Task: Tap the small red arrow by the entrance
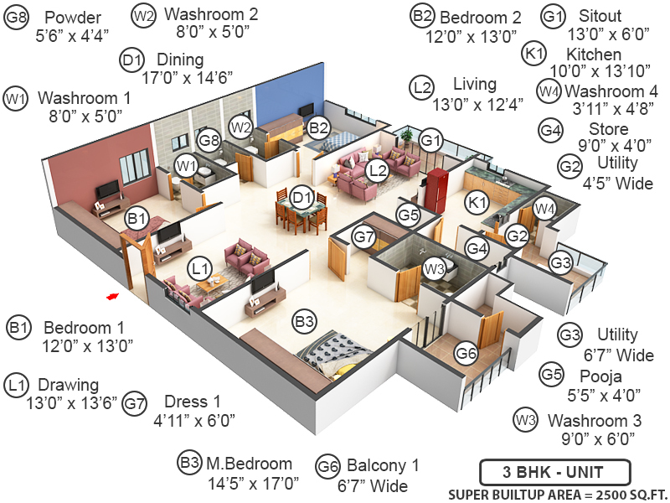point(110,295)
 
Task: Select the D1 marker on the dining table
point(302,200)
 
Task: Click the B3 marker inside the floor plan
point(304,320)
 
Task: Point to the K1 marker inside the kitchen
point(477,202)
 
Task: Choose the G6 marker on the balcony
point(466,353)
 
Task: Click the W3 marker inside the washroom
point(433,269)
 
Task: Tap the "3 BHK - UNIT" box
point(553,470)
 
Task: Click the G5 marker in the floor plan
point(408,215)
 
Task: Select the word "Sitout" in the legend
point(600,16)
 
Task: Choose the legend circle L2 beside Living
point(423,86)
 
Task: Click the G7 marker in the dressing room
point(363,236)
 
